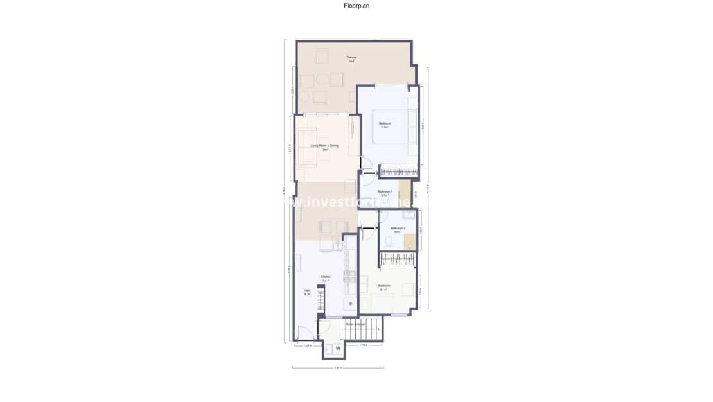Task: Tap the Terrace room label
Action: (x=351, y=58)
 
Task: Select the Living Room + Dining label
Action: (x=324, y=147)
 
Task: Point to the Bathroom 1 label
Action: (x=385, y=192)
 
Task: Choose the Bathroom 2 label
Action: (x=398, y=229)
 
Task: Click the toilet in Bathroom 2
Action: (x=389, y=241)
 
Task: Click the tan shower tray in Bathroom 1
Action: (x=405, y=191)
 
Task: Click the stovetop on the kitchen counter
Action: (x=350, y=277)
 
